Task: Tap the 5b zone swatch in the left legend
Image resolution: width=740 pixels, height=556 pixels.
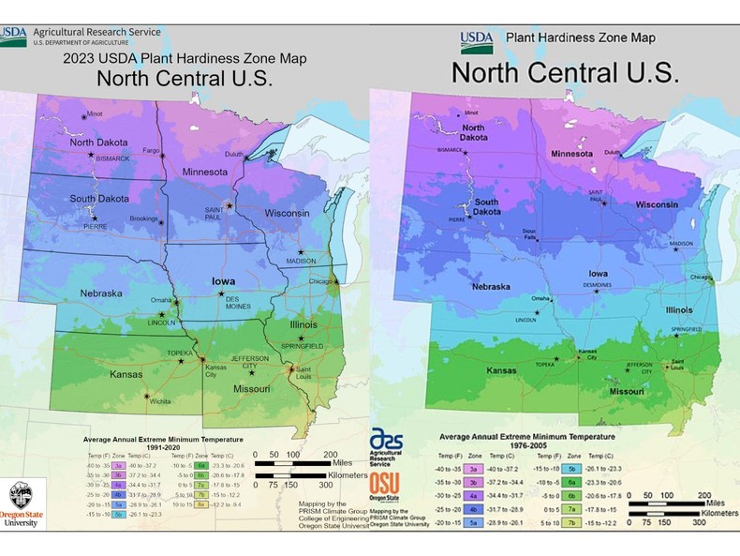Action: coord(121,513)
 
